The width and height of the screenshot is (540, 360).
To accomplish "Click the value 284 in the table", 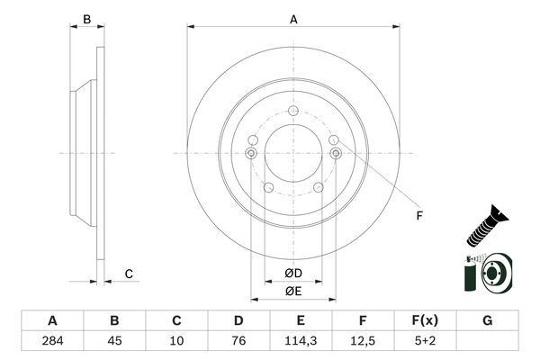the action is tap(52, 341).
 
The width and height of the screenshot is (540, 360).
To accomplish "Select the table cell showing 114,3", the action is tap(301, 341).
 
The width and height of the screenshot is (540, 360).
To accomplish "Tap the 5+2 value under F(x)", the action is tap(425, 341).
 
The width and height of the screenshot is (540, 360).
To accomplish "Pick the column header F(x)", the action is tap(425, 320).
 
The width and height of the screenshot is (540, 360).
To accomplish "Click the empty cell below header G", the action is tap(487, 341).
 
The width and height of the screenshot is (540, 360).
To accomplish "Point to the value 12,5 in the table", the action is tap(363, 341).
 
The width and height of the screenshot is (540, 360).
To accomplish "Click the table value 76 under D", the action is tap(238, 341).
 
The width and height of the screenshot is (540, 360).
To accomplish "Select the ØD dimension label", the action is tap(293, 274).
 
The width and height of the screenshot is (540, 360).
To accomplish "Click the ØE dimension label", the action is tap(293, 292).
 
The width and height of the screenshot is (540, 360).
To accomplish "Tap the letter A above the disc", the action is tap(293, 20).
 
